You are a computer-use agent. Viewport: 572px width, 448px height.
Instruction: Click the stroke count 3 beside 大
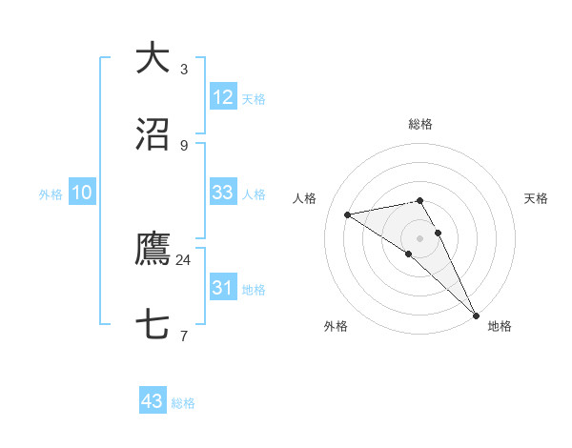(184, 70)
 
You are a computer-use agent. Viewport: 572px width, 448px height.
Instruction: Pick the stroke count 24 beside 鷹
(183, 259)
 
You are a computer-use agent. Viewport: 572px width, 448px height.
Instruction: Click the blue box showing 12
(223, 96)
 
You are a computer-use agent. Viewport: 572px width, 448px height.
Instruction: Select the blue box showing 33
(223, 192)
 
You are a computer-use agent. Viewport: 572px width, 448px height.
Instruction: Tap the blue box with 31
(223, 287)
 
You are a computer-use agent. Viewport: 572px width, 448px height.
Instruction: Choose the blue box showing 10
(82, 193)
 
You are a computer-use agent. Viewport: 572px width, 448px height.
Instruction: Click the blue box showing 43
(153, 401)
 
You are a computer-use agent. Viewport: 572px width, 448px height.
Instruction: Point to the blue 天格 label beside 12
(254, 99)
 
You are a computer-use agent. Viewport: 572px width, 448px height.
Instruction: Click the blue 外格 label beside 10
(51, 194)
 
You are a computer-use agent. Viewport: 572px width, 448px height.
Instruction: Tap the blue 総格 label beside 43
(183, 403)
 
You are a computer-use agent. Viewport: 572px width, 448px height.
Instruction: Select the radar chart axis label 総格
(420, 124)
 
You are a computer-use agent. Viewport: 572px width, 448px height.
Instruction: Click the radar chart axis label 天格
(537, 198)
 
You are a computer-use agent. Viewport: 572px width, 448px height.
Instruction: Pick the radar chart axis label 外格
(336, 326)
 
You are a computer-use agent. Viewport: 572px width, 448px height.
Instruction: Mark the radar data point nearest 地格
(476, 315)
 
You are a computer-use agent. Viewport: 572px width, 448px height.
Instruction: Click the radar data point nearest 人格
(347, 214)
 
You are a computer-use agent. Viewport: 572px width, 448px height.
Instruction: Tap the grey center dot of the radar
(420, 237)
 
